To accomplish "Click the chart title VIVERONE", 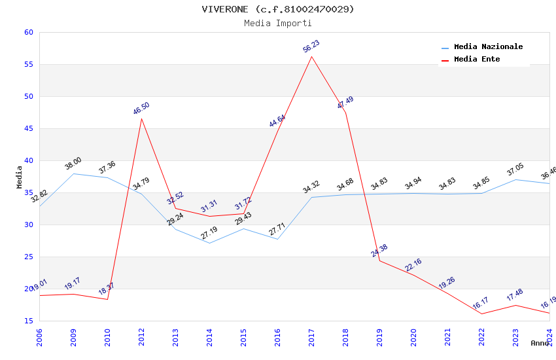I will [278, 9].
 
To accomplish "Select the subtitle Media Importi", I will [278, 24].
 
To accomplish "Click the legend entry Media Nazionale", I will [488, 47].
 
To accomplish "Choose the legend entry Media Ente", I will [477, 60].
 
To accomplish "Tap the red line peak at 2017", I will [311, 56].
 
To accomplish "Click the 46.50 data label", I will [141, 109].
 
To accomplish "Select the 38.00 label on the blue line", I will [73, 164].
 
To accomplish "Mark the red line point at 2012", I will [141, 118].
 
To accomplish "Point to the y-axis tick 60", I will [27, 33].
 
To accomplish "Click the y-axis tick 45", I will [27, 129].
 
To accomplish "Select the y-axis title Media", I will [20, 177].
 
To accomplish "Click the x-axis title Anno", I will [540, 343].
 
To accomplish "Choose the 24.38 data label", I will [379, 251].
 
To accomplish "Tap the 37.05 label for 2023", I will [515, 170].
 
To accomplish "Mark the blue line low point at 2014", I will [209, 243].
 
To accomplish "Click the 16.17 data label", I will [481, 304].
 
